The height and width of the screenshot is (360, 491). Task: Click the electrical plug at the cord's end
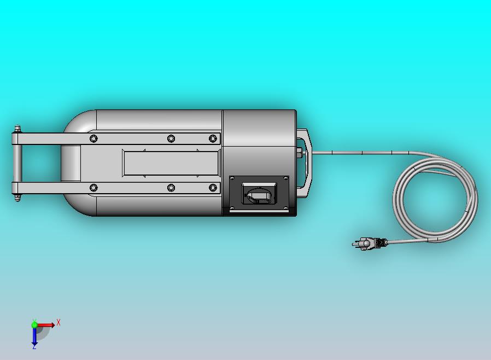(370, 243)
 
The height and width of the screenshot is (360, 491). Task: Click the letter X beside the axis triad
(59, 322)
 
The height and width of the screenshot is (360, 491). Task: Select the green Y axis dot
(34, 324)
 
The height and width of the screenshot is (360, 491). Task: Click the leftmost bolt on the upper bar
(93, 138)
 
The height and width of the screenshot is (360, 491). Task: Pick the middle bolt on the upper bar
(171, 138)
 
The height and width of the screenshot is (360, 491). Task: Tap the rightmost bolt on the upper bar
(213, 138)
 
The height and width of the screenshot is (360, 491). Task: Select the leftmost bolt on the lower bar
(93, 188)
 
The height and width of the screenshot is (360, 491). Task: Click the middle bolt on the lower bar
(171, 188)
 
